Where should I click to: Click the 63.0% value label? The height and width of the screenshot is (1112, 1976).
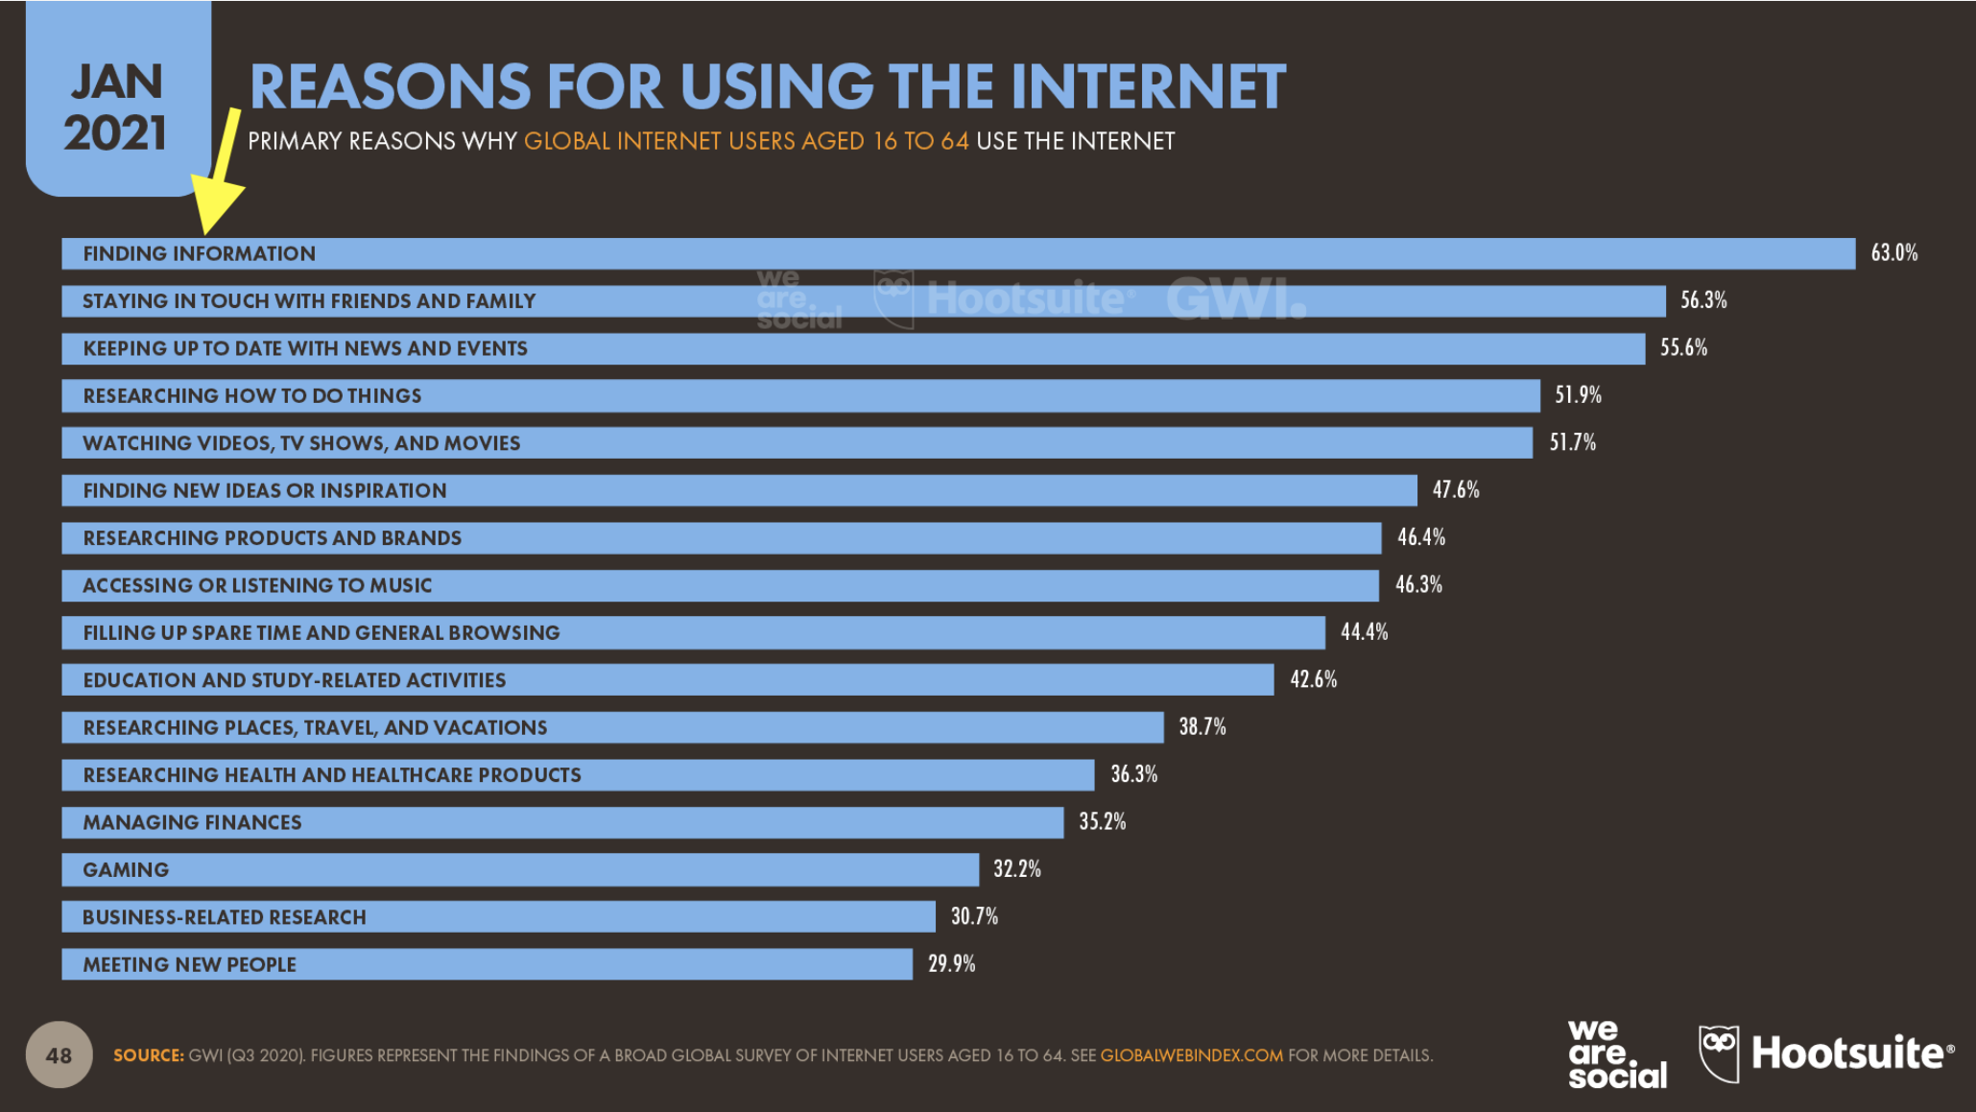[1893, 253]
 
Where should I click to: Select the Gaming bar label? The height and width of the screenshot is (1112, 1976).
[126, 870]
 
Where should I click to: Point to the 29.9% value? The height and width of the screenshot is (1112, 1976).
[951, 964]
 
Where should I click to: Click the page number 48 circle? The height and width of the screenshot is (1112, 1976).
[59, 1055]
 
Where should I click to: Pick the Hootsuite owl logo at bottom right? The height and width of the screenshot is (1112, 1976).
[1718, 1053]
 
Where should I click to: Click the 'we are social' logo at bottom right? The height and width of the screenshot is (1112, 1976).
[1617, 1054]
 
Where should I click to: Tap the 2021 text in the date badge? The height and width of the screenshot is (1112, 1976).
[115, 133]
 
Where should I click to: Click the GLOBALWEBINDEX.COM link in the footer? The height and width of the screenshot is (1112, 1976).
[1191, 1055]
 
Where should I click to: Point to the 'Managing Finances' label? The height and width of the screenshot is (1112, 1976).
[192, 822]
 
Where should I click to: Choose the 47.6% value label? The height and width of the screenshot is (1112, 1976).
[1455, 490]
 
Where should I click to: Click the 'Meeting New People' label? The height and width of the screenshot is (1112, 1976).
[189, 965]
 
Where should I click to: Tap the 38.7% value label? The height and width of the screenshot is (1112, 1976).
[1202, 727]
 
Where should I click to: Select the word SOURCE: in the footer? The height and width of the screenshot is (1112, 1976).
[148, 1055]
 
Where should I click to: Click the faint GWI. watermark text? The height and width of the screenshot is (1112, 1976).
[1236, 298]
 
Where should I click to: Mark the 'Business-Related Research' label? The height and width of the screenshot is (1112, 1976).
[224, 917]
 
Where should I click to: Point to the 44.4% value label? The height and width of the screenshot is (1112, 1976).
[1364, 632]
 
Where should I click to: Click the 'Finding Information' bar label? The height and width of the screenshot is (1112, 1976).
[199, 254]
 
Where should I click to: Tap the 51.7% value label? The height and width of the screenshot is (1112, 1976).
[1572, 442]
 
